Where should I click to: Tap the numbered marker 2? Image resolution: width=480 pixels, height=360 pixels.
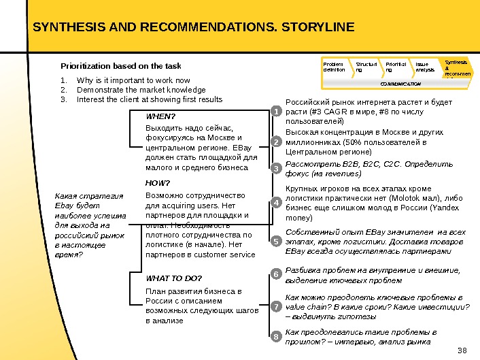point(276,142)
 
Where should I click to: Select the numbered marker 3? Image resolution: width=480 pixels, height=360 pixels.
point(276,167)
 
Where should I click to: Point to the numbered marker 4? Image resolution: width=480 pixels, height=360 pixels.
point(276,203)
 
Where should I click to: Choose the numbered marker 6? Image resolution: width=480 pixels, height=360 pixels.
point(276,274)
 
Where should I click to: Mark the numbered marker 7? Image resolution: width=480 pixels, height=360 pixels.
point(276,308)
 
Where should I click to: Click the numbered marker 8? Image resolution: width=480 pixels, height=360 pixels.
point(276,337)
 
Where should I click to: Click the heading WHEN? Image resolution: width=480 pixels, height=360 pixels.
point(160,116)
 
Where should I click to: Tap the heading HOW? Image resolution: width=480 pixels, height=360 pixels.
point(158,183)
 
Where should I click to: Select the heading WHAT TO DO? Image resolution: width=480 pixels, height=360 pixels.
point(174,278)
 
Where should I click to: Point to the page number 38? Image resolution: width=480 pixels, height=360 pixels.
point(464,350)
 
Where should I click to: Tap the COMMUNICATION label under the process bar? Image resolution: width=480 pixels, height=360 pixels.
point(400,83)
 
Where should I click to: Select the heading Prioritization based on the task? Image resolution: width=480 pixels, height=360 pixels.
point(121,66)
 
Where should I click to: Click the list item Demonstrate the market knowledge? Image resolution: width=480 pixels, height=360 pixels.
point(141,89)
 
